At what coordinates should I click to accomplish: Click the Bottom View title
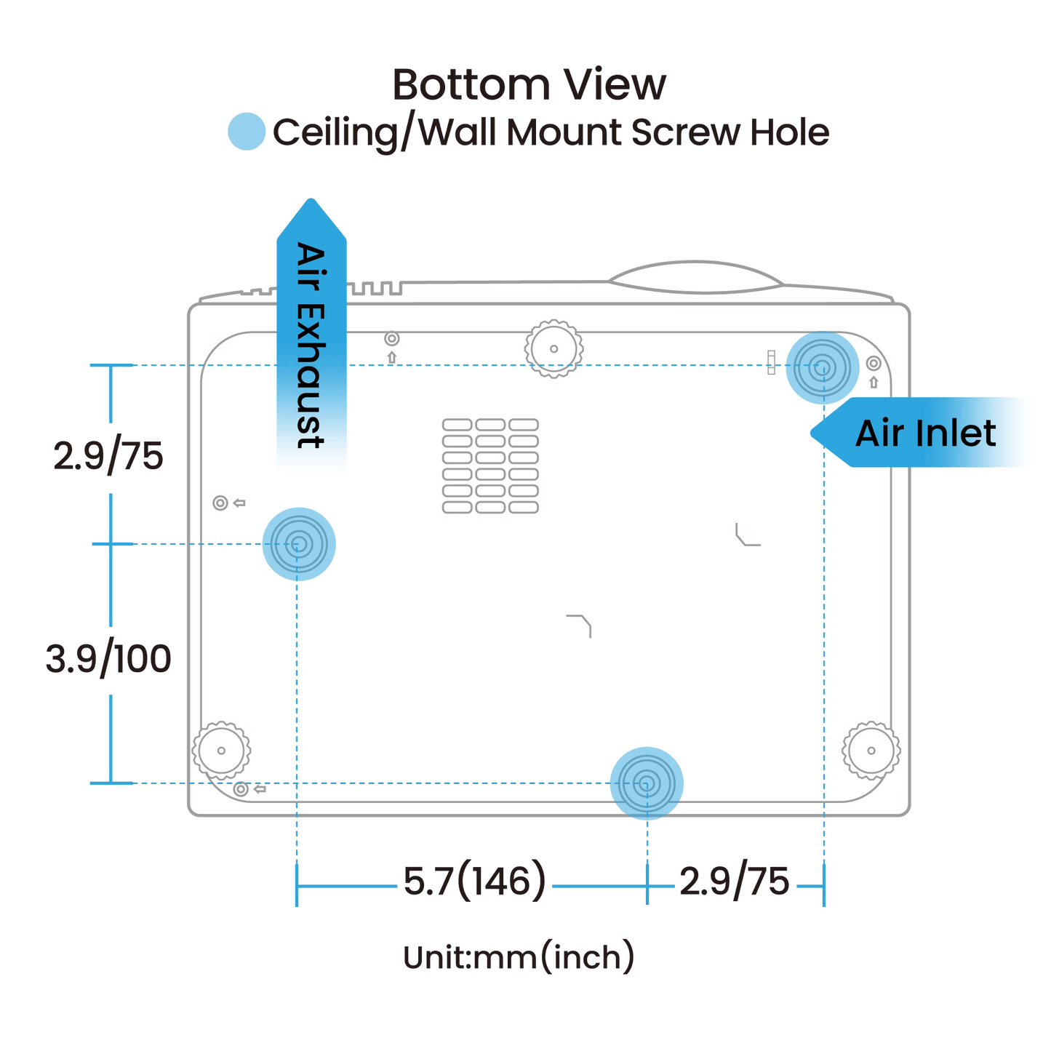tap(529, 85)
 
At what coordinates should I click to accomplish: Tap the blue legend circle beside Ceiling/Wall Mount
tap(246, 132)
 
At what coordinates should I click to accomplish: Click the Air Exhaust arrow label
tap(311, 342)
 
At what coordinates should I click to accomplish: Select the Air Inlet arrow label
tap(925, 433)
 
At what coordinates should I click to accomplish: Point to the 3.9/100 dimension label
tap(109, 659)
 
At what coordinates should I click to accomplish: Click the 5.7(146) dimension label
tap(474, 882)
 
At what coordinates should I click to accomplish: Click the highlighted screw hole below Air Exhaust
tap(298, 543)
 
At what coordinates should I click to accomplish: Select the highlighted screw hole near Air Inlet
tap(822, 367)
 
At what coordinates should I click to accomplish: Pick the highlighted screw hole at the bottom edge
tap(646, 783)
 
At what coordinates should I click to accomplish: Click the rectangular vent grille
tap(490, 466)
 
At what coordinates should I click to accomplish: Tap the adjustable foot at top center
tap(554, 348)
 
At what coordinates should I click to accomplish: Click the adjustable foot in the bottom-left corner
tap(221, 751)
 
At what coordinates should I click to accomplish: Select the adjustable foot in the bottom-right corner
tap(871, 750)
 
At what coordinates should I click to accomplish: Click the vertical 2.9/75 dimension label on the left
tap(109, 456)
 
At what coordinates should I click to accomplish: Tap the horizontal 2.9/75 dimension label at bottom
tap(735, 882)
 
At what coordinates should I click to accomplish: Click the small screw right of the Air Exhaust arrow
tap(392, 338)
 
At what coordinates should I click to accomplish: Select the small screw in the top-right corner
tap(874, 363)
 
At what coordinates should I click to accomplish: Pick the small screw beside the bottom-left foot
tap(241, 789)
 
